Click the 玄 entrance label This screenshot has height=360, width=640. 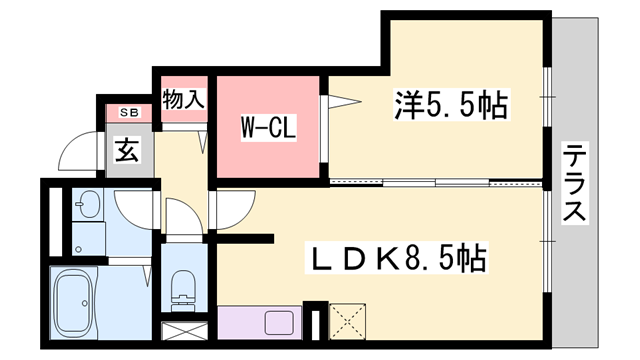[x=126, y=151]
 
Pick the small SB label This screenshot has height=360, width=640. [x=130, y=113]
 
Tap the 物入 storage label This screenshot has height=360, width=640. [x=183, y=99]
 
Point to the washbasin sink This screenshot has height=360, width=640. [x=88, y=206]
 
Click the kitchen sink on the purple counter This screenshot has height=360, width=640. [x=274, y=323]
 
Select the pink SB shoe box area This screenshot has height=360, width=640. [x=130, y=113]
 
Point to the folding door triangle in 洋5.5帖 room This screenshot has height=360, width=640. [x=340, y=101]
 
